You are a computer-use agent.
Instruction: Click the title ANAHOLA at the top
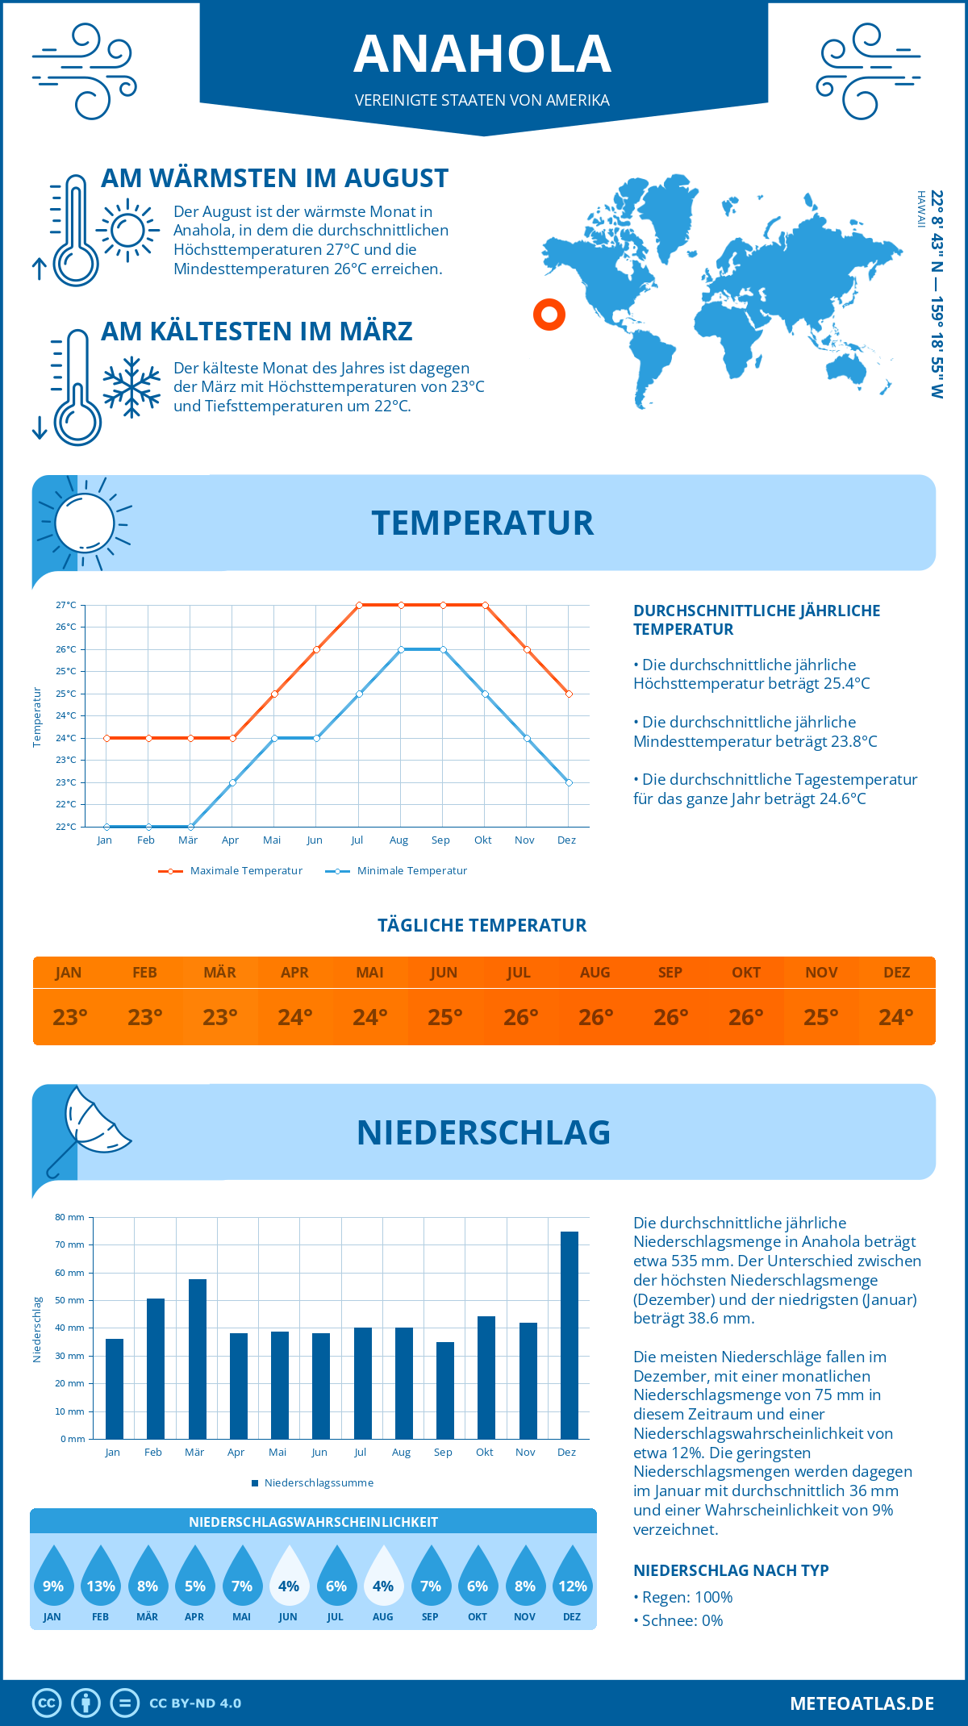(x=482, y=54)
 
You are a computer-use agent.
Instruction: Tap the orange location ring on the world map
(x=549, y=315)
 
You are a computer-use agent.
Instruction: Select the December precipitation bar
(x=570, y=1335)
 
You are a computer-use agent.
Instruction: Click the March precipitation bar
(x=197, y=1359)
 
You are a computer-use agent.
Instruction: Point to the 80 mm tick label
(x=70, y=1217)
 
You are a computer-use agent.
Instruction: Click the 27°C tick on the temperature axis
(x=66, y=605)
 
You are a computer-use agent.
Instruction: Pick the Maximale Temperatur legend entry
(x=231, y=871)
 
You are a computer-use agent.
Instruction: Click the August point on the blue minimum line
(x=401, y=649)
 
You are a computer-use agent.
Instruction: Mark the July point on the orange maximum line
(x=359, y=605)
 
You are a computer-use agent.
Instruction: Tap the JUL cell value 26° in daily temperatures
(x=520, y=1017)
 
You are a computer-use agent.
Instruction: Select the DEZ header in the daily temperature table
(x=896, y=973)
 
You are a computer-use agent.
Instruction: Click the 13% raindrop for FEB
(x=101, y=1576)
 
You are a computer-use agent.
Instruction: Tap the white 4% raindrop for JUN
(x=289, y=1576)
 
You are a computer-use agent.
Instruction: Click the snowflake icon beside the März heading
(x=131, y=387)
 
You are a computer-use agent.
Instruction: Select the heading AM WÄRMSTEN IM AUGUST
(x=274, y=178)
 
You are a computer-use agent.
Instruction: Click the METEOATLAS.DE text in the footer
(x=862, y=1703)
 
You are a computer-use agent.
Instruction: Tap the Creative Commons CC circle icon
(x=47, y=1703)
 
